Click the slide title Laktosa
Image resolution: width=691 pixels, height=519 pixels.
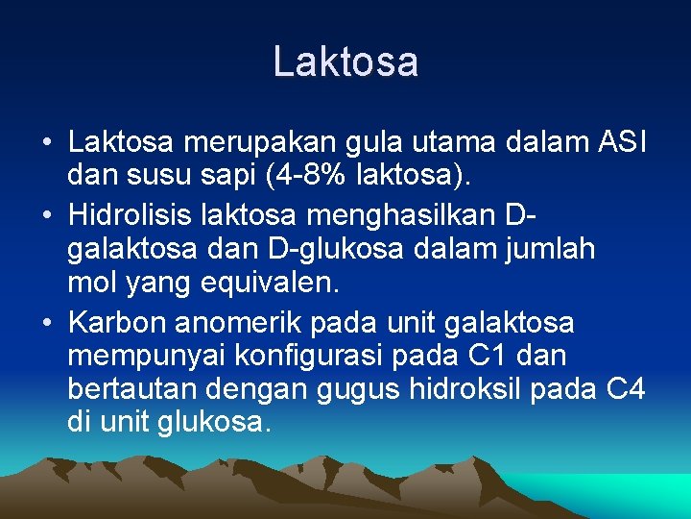[x=345, y=62]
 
